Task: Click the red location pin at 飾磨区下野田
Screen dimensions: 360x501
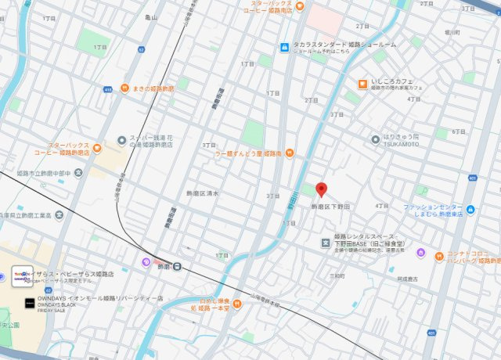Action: pos(320,189)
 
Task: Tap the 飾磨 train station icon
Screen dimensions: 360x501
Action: pos(178,266)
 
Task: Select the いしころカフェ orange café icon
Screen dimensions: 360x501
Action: pos(362,84)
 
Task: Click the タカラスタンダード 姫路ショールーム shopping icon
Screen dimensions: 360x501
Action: pos(286,46)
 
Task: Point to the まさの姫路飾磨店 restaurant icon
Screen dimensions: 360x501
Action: pos(124,88)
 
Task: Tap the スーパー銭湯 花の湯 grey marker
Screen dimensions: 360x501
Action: pos(121,140)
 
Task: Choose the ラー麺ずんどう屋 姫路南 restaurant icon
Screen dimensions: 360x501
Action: pos(289,152)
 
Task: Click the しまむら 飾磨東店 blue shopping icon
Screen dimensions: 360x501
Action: pos(470,209)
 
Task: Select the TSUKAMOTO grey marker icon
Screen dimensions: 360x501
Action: pos(376,139)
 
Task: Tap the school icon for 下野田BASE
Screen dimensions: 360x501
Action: pos(326,243)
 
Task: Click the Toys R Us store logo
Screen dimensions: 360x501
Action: pos(22,275)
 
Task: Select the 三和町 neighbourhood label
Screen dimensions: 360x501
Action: pos(337,275)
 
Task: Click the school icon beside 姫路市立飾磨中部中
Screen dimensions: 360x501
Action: pos(80,171)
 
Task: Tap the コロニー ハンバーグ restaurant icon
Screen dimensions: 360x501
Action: pos(420,254)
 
